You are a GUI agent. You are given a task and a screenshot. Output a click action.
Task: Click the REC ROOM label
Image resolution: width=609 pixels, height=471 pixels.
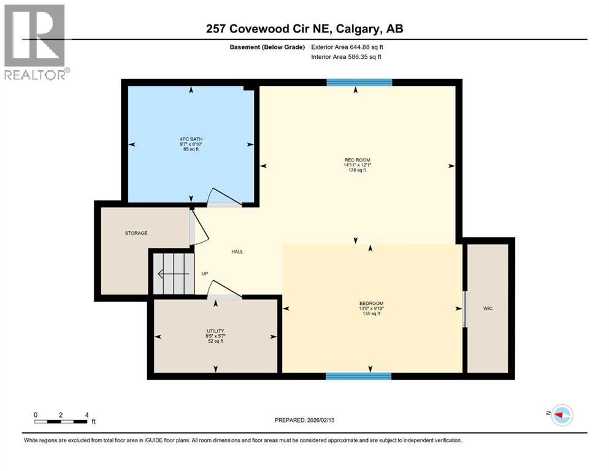[357, 161]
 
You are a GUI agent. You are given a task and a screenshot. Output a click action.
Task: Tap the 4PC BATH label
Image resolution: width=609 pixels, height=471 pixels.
[190, 139]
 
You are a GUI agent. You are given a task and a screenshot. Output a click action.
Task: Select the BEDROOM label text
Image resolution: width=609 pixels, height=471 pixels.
[371, 304]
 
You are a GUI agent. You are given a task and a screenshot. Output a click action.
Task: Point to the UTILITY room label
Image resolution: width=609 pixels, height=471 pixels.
[215, 331]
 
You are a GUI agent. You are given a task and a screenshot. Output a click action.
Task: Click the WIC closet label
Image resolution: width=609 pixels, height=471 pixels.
[488, 308]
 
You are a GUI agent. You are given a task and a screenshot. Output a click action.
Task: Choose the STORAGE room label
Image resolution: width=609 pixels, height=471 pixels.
[136, 233]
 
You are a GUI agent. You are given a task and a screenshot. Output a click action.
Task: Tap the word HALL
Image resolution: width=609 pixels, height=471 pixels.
[238, 251]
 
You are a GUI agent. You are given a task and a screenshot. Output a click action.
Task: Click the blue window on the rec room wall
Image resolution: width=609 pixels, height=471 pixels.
[359, 83]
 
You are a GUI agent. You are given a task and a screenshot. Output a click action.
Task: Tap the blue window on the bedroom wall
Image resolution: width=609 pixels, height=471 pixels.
[358, 376]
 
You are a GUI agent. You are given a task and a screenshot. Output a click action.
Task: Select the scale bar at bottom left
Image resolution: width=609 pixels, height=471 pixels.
[61, 421]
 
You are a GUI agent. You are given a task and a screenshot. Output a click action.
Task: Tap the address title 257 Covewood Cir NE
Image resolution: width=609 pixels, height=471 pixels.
[304, 29]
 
